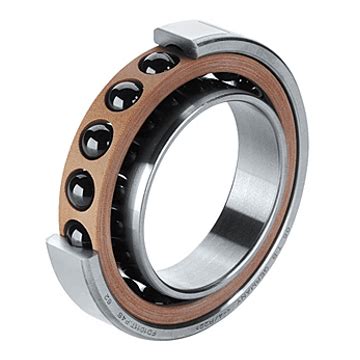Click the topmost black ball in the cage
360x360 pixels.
click(x=158, y=63)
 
